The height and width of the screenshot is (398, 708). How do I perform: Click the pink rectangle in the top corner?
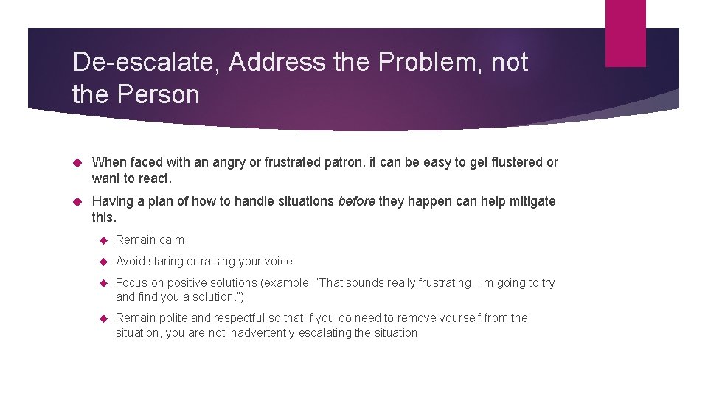625,33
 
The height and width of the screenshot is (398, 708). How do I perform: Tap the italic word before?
357,201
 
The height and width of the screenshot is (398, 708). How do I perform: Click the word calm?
171,240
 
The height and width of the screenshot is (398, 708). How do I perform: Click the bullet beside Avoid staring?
103,262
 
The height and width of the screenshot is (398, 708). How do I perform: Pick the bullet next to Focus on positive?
103,283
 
